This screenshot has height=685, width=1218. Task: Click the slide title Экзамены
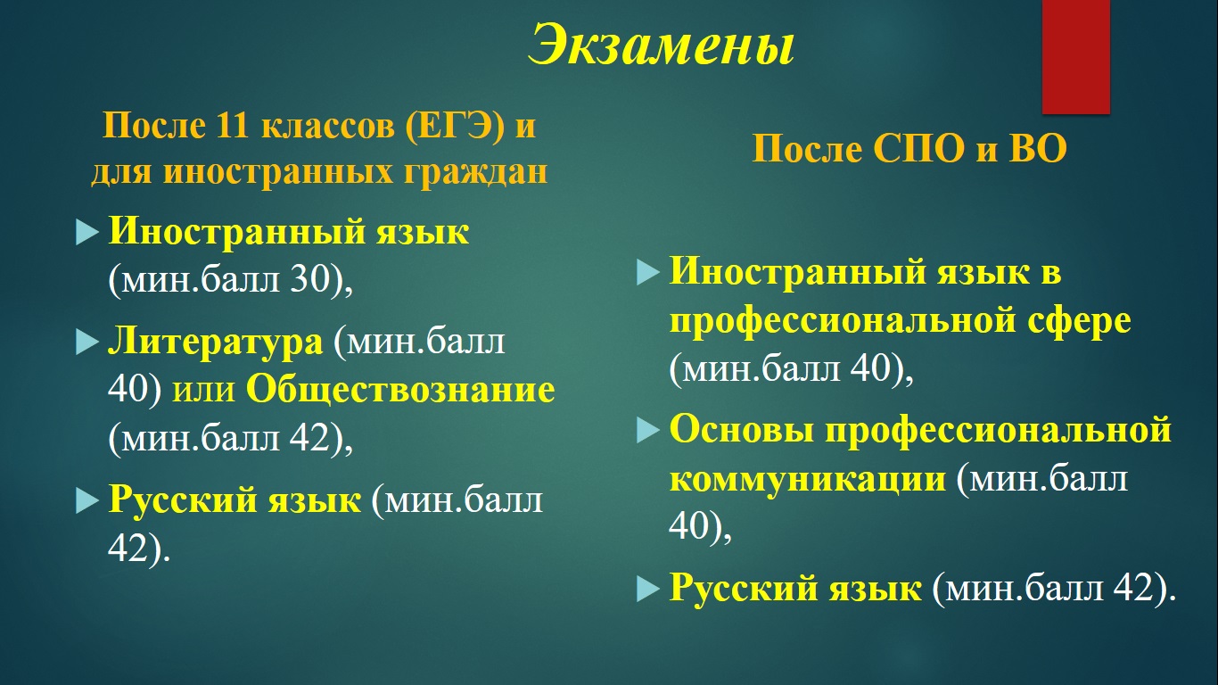tap(662, 45)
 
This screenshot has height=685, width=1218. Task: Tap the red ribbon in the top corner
tap(1076, 56)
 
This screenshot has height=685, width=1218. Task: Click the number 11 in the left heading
tap(232, 126)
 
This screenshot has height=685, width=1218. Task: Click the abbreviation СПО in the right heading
tap(919, 149)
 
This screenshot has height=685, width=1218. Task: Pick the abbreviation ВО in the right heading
tap(1038, 149)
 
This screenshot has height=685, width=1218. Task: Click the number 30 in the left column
tap(310, 280)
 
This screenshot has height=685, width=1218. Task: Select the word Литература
tap(215, 342)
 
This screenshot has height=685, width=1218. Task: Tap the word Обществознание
tap(400, 391)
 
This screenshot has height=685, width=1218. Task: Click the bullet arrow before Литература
tap(87, 342)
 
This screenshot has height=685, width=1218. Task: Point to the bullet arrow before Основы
tap(648, 430)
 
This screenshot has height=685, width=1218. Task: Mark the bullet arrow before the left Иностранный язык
tap(87, 232)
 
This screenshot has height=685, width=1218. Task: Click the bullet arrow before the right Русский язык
tap(648, 588)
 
